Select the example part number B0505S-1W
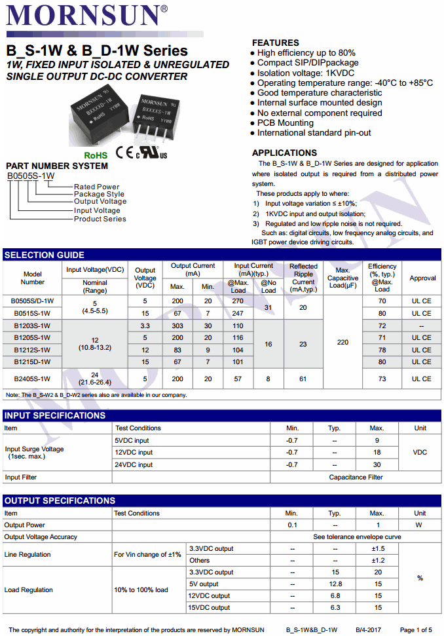coord(31,176)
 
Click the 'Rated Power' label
coord(97,187)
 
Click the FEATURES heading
coord(275,43)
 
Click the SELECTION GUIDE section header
coord(45,255)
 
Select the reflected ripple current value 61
coord(303,379)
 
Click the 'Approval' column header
coord(422,278)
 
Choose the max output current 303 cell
coord(177,326)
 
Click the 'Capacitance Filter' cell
coord(356,477)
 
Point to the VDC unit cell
coord(420,453)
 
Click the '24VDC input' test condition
coord(134,464)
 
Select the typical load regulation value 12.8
coord(336,584)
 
